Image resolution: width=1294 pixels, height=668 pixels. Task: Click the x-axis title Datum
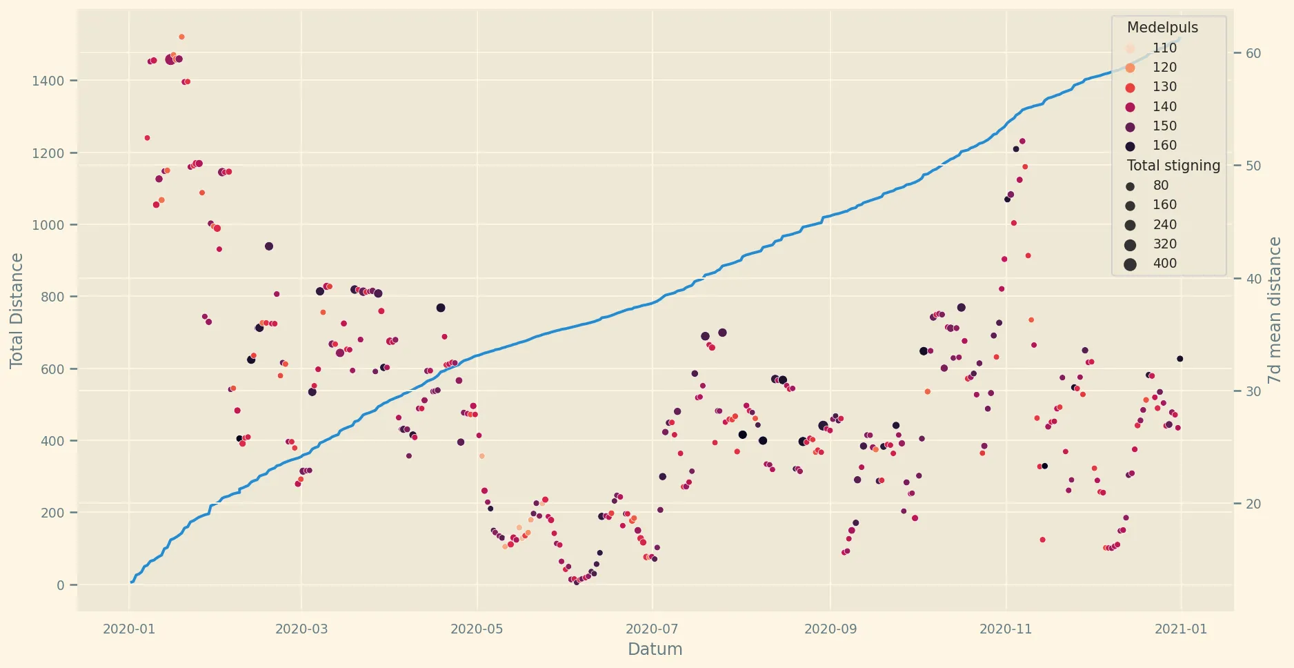(x=655, y=649)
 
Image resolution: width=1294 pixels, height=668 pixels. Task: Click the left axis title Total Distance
(x=17, y=311)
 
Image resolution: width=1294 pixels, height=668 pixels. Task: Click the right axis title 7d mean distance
(x=1275, y=311)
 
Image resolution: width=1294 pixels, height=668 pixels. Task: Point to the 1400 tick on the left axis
(x=48, y=81)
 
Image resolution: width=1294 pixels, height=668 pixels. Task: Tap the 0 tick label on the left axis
(x=61, y=585)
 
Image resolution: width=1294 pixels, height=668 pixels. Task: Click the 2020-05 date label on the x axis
(x=477, y=629)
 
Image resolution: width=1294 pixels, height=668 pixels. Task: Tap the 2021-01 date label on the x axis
(x=1181, y=629)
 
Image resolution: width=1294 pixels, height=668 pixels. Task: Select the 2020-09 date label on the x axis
(x=830, y=629)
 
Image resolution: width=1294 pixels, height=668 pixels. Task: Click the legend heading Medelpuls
(x=1162, y=28)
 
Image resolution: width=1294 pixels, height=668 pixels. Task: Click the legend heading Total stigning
(x=1173, y=166)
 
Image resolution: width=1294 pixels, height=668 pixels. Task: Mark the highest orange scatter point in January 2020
(x=181, y=37)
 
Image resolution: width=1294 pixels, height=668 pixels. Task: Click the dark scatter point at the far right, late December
(x=1180, y=359)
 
